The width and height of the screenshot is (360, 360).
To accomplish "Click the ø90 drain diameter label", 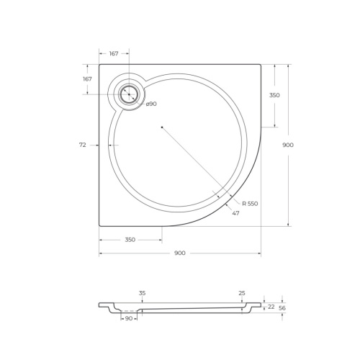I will point(151,104).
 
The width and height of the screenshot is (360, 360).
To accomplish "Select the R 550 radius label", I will point(250,204).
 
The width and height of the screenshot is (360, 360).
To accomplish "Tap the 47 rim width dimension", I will point(235,213).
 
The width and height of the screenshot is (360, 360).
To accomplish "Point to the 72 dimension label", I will point(83,145).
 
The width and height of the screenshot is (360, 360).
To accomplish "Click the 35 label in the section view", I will point(142,293).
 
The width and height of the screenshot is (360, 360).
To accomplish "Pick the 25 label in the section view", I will point(242,293).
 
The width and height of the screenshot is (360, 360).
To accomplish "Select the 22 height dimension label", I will point(271,307).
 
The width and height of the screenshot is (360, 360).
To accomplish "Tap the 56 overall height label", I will point(282,307).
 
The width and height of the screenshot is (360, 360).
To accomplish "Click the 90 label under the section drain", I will point(129,318).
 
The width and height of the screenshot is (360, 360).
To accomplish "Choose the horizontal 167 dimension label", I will point(114,54).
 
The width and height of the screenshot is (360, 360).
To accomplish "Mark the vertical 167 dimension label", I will point(87,79).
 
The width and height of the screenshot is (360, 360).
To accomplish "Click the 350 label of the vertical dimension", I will point(274,95).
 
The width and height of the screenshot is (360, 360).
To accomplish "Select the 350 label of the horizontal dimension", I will point(130,240).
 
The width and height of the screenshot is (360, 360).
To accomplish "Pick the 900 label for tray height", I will point(288,145).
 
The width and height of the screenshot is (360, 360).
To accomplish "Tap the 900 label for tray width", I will point(180,253).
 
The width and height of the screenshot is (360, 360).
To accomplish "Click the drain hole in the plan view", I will point(129,94).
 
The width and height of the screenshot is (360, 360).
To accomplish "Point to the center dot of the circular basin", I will point(162,127).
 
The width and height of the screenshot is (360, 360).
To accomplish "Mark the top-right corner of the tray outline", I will point(261,65).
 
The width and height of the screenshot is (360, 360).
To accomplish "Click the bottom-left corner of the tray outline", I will point(99,226).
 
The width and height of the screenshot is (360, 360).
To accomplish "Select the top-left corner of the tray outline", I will point(99,65).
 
